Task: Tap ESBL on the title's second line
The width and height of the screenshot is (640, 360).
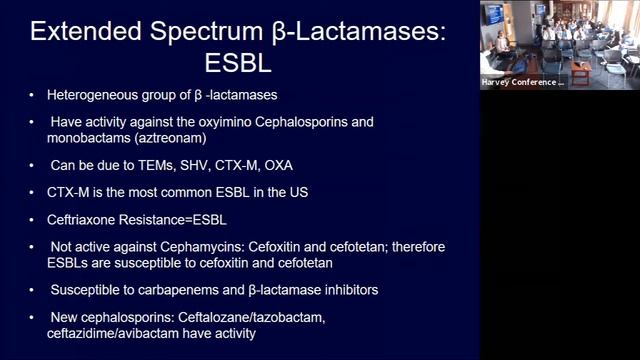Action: (239, 65)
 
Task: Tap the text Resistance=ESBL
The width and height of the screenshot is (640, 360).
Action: (179, 212)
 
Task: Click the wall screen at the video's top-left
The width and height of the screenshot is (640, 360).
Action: (495, 14)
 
